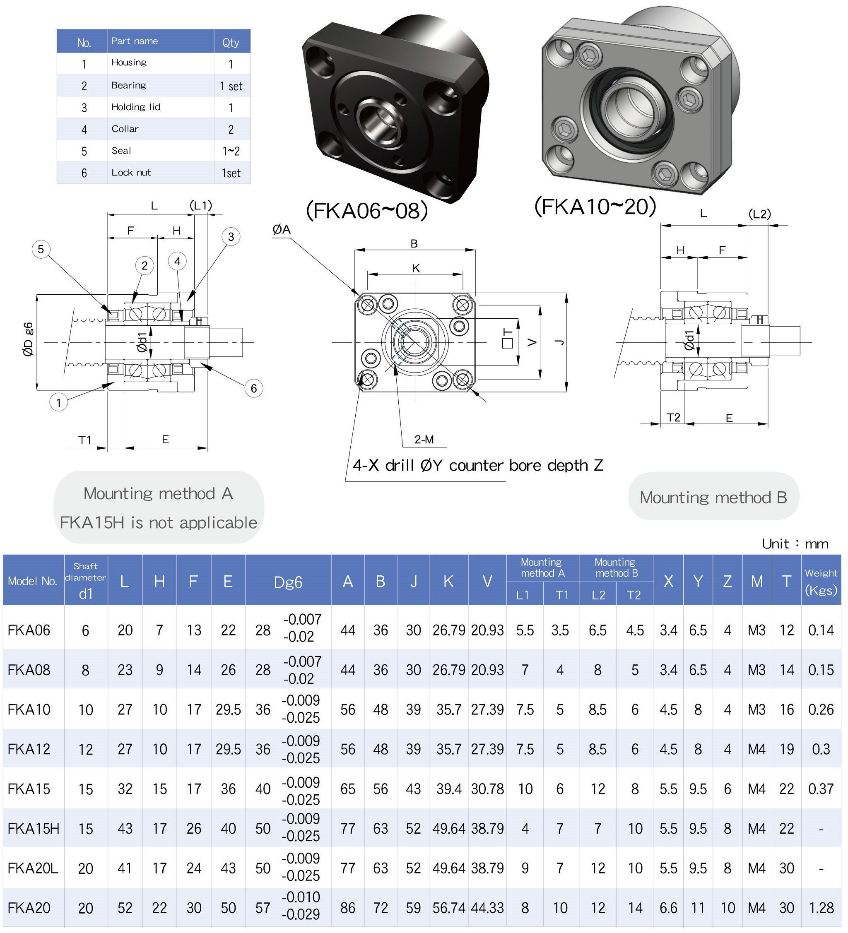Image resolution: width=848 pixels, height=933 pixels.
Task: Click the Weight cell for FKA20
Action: point(821,908)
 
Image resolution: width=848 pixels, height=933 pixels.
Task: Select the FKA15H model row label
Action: point(33,828)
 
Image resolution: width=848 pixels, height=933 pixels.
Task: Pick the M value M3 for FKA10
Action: point(756,709)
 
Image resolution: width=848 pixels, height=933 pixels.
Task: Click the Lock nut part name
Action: point(131,173)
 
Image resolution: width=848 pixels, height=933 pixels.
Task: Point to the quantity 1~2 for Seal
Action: point(231,151)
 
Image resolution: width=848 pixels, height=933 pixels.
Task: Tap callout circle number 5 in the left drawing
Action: point(41,250)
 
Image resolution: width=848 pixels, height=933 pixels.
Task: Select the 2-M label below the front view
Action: point(424,440)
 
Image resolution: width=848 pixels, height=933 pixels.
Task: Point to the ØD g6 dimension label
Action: point(28,339)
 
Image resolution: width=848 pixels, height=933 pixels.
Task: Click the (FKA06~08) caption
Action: point(366,211)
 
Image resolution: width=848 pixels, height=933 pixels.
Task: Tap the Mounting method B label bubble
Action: point(713,498)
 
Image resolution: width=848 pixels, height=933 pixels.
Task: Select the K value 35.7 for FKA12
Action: point(448,749)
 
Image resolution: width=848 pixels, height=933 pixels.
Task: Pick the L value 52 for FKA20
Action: point(125,908)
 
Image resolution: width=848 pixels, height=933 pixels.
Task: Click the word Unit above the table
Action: point(775,544)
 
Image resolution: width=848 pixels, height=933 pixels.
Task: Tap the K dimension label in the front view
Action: point(416,268)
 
